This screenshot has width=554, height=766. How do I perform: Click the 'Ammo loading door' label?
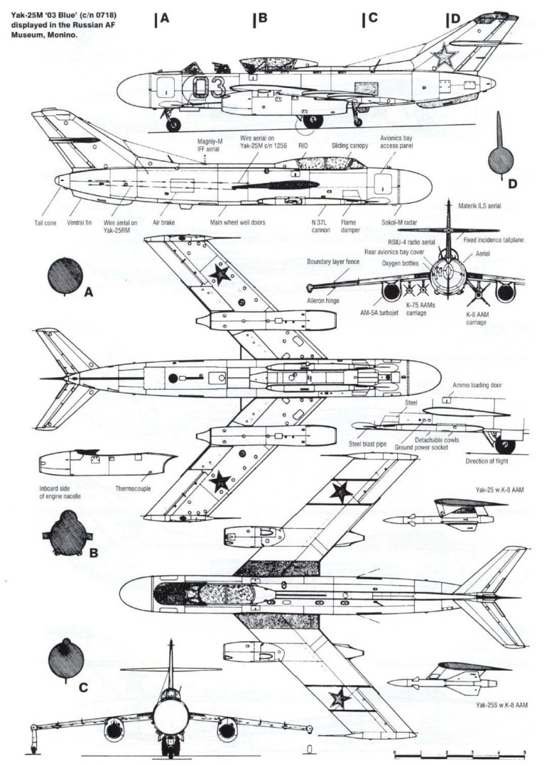pyautogui.click(x=478, y=385)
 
